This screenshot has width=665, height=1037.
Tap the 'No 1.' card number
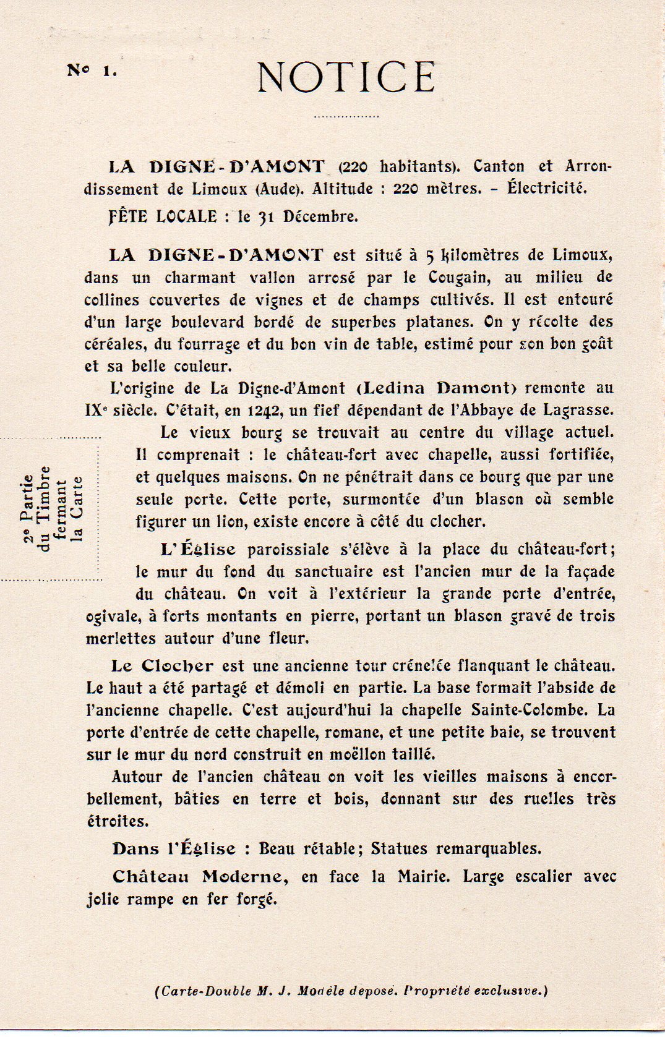click(x=92, y=70)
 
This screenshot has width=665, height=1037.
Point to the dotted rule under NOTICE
click(x=346, y=116)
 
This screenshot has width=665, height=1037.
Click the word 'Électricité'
click(x=546, y=187)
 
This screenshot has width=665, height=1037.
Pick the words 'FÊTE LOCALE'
click(x=163, y=216)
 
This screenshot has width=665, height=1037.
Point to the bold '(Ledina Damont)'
click(x=437, y=388)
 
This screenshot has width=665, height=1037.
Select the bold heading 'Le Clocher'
click(x=162, y=666)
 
